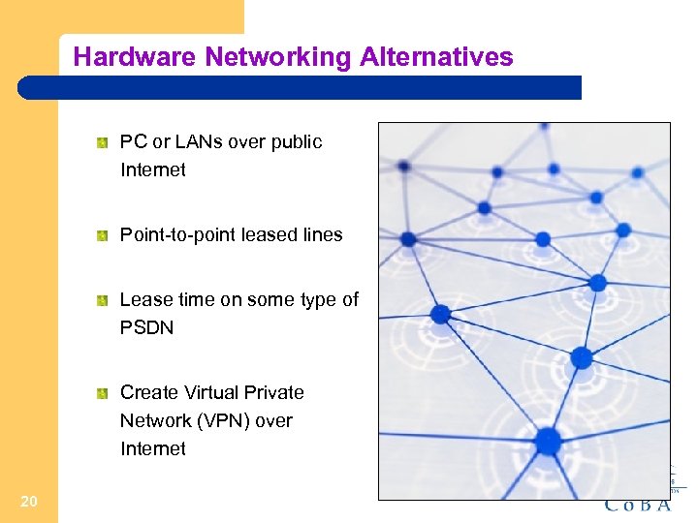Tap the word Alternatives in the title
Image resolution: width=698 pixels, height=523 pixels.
click(x=436, y=57)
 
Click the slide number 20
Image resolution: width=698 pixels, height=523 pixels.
click(x=29, y=501)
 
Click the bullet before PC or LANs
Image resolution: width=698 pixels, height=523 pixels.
click(x=102, y=143)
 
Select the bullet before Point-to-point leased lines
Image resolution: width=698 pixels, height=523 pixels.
click(x=102, y=235)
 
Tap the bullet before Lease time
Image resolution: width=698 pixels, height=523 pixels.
click(x=102, y=301)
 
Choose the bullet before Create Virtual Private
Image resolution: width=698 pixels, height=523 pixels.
click(x=102, y=393)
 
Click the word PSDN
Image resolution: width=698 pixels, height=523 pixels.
click(x=146, y=328)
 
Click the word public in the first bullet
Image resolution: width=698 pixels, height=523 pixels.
click(x=296, y=142)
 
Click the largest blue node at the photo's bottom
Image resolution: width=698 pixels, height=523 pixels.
click(x=548, y=442)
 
